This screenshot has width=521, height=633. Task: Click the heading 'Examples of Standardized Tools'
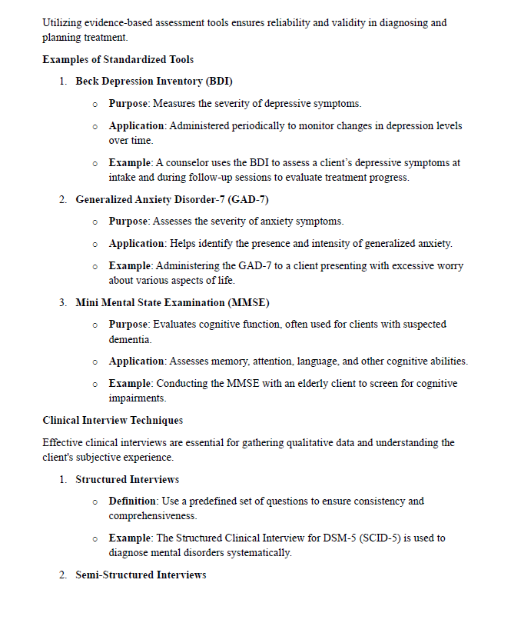pos(118,59)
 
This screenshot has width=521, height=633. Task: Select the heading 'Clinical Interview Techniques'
pos(112,421)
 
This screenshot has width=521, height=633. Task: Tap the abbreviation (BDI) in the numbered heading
pos(219,81)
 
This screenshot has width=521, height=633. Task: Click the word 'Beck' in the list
pos(88,81)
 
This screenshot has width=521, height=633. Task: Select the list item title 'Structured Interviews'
pos(127,479)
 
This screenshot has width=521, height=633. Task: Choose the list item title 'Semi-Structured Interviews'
pos(141,575)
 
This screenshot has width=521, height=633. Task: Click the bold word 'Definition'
pos(133,501)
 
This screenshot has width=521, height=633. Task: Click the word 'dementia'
pos(130,339)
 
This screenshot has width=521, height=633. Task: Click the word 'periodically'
pos(258,125)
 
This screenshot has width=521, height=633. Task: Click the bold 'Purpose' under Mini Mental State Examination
pos(128,324)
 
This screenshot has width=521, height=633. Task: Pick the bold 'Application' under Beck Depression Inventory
pos(137,125)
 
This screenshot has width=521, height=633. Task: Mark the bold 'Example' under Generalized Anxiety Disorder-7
pos(129,265)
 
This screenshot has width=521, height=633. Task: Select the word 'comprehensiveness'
pos(153,516)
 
